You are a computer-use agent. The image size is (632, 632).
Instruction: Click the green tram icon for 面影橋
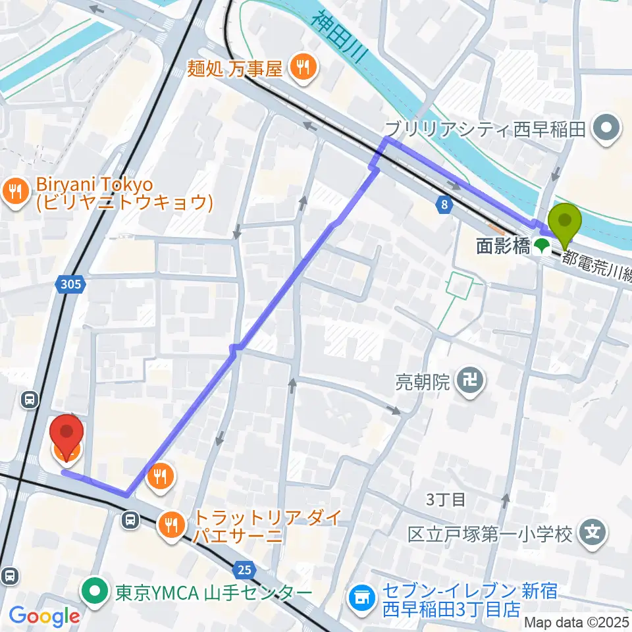(542, 247)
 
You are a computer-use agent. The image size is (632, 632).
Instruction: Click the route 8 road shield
(445, 205)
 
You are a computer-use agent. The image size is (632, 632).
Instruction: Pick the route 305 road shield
(70, 284)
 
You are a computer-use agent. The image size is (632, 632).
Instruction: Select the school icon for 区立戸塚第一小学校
(592, 532)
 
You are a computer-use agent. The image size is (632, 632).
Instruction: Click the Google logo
(44, 617)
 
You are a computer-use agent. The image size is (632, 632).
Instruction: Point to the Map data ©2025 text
(577, 622)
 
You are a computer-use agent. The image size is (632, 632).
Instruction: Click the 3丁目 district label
(446, 499)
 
